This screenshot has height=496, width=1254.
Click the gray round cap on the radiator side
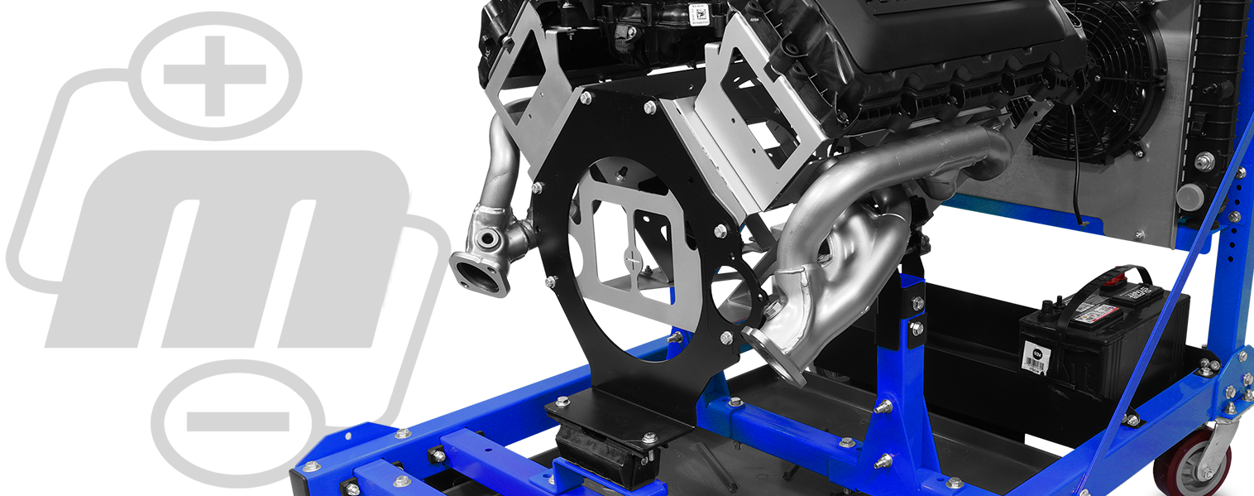tap(1189, 197)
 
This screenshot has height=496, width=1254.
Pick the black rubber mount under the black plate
tap(597, 451)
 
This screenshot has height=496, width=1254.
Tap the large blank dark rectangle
tap(228, 248)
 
